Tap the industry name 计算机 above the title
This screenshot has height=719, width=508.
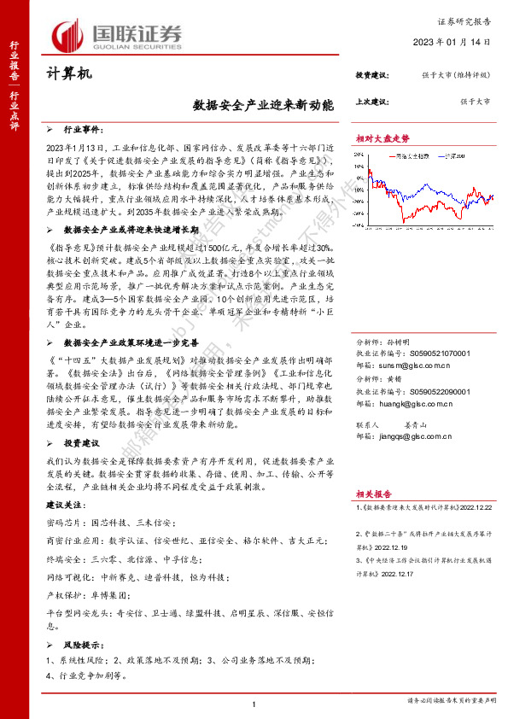click(x=67, y=75)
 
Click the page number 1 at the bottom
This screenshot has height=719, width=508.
click(x=254, y=704)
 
